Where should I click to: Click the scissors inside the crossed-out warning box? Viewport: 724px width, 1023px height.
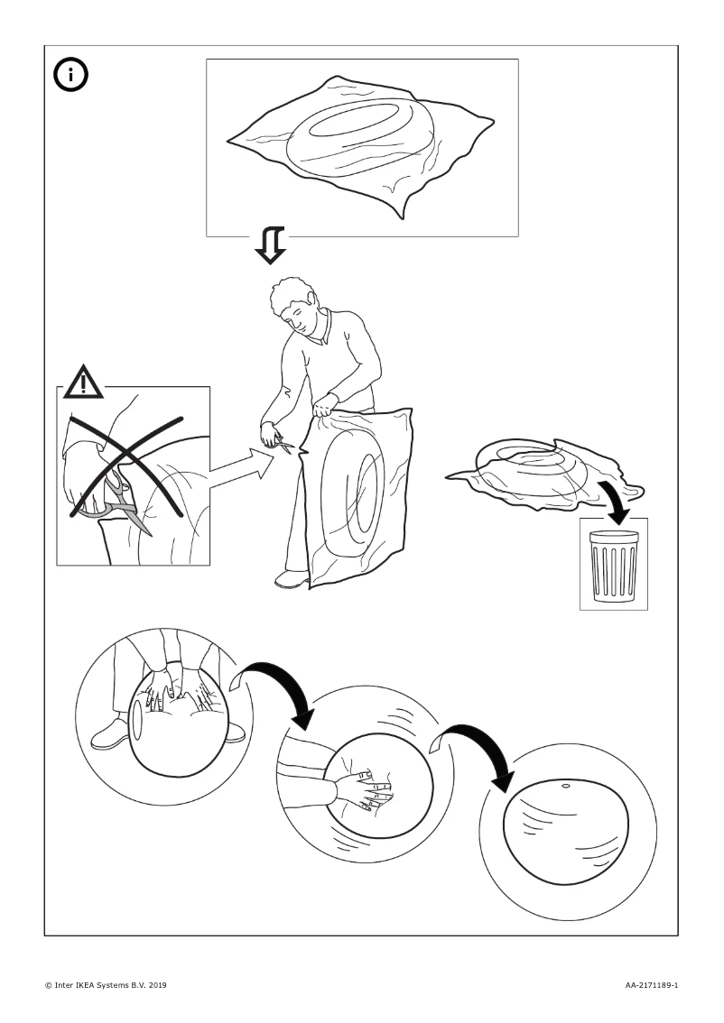point(113,501)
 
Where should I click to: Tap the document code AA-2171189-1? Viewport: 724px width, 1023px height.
point(651,984)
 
